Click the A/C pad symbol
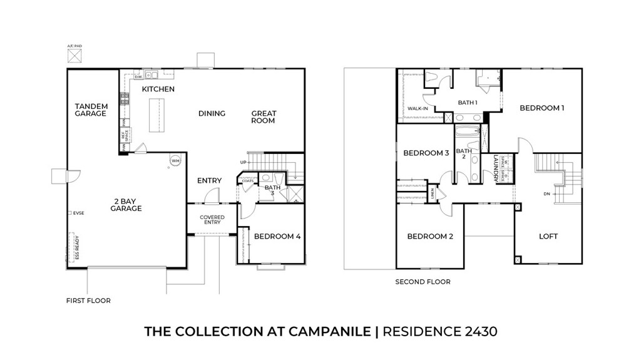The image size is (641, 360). click(74, 56)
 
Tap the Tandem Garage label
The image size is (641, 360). click(91, 110)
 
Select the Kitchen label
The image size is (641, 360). click(158, 90)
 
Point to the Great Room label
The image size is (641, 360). click(264, 117)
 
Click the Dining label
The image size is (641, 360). click(212, 113)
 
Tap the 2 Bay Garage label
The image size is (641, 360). click(126, 205)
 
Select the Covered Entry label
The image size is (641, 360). click(212, 220)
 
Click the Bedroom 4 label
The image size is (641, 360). click(277, 237)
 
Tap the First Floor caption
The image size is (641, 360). click(88, 301)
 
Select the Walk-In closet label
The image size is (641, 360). click(418, 108)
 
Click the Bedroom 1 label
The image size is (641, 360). click(542, 108)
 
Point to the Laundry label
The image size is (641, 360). click(496, 167)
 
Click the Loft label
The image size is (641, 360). click(548, 236)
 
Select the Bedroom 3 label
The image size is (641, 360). click(426, 153)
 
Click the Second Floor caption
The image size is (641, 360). click(423, 282)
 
